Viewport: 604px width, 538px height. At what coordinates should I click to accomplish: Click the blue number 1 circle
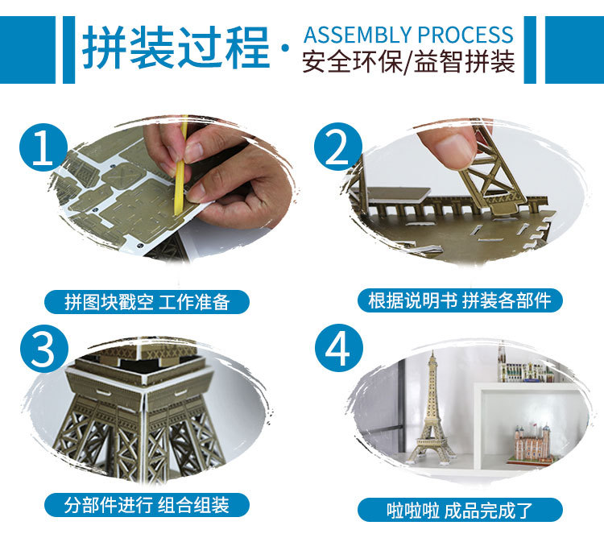click(x=43, y=147)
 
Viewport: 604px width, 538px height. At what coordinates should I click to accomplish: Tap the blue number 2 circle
click(x=337, y=147)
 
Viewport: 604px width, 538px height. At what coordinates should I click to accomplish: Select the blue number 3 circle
click(x=43, y=349)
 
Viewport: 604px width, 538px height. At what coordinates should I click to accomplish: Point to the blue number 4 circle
click(x=338, y=348)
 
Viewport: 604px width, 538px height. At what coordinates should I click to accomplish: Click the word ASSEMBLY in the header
click(x=358, y=35)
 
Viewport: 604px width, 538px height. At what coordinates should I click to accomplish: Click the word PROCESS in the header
click(x=465, y=35)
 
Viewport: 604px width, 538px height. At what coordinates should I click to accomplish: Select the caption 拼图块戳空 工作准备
click(x=147, y=302)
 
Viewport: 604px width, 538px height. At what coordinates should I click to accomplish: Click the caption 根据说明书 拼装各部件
click(x=460, y=300)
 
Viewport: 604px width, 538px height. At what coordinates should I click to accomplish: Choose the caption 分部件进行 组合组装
click(x=147, y=505)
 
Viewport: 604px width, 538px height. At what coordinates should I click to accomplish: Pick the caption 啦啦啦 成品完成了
click(x=459, y=511)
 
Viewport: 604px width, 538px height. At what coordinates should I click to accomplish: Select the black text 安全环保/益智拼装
click(x=408, y=62)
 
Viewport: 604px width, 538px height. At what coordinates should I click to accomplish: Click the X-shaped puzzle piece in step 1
click(x=122, y=174)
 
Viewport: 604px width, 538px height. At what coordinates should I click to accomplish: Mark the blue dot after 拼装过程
click(x=285, y=48)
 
